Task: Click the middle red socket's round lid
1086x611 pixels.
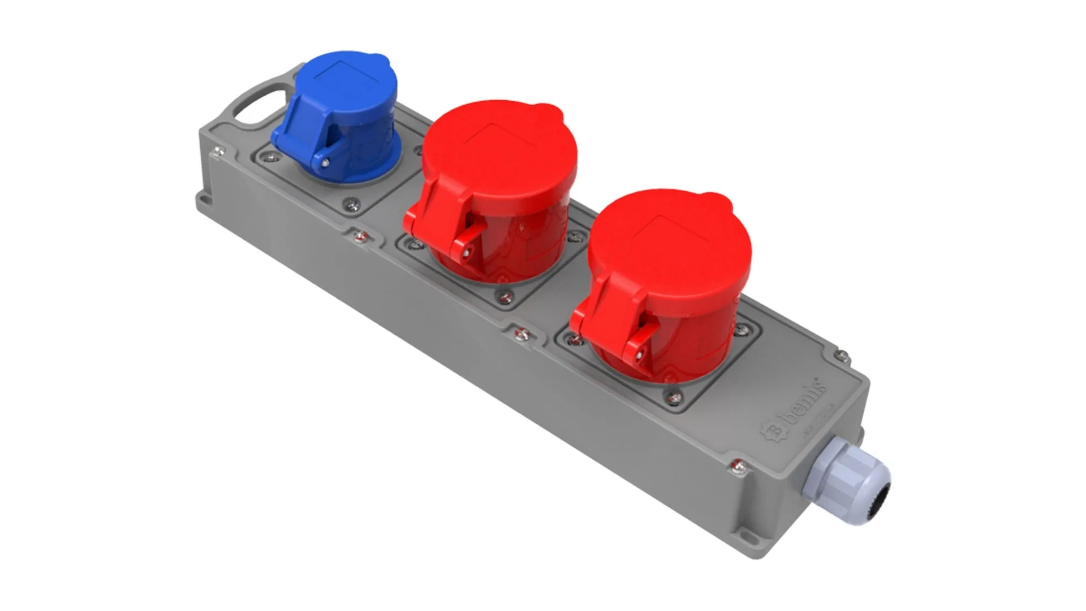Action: tap(501, 153)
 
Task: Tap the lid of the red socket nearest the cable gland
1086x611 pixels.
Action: tap(670, 243)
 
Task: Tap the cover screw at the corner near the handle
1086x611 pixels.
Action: tap(218, 151)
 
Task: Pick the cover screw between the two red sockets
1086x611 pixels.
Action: tap(522, 334)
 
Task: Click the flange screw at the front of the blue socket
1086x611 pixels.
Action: tap(351, 204)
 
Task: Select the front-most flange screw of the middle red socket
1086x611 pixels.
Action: tap(503, 296)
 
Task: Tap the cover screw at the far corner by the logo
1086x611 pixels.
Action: tap(842, 356)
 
